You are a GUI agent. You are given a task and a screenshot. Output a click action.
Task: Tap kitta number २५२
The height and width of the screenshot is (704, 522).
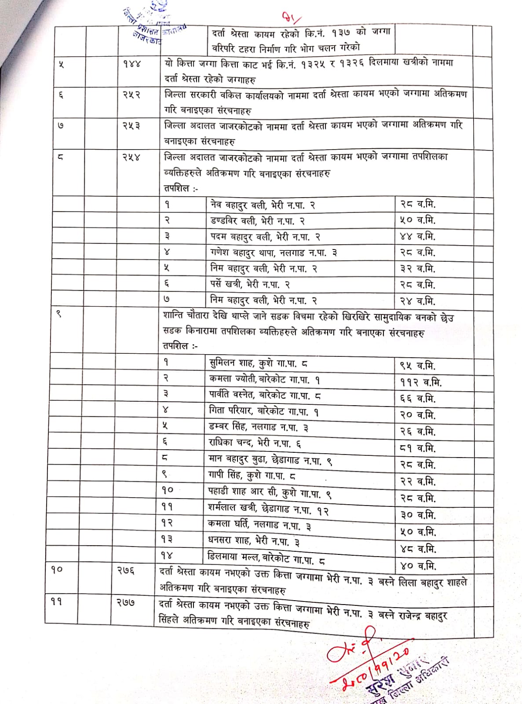coord(131,95)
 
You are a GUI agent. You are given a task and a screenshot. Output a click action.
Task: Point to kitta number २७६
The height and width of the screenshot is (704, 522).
coord(126,570)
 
